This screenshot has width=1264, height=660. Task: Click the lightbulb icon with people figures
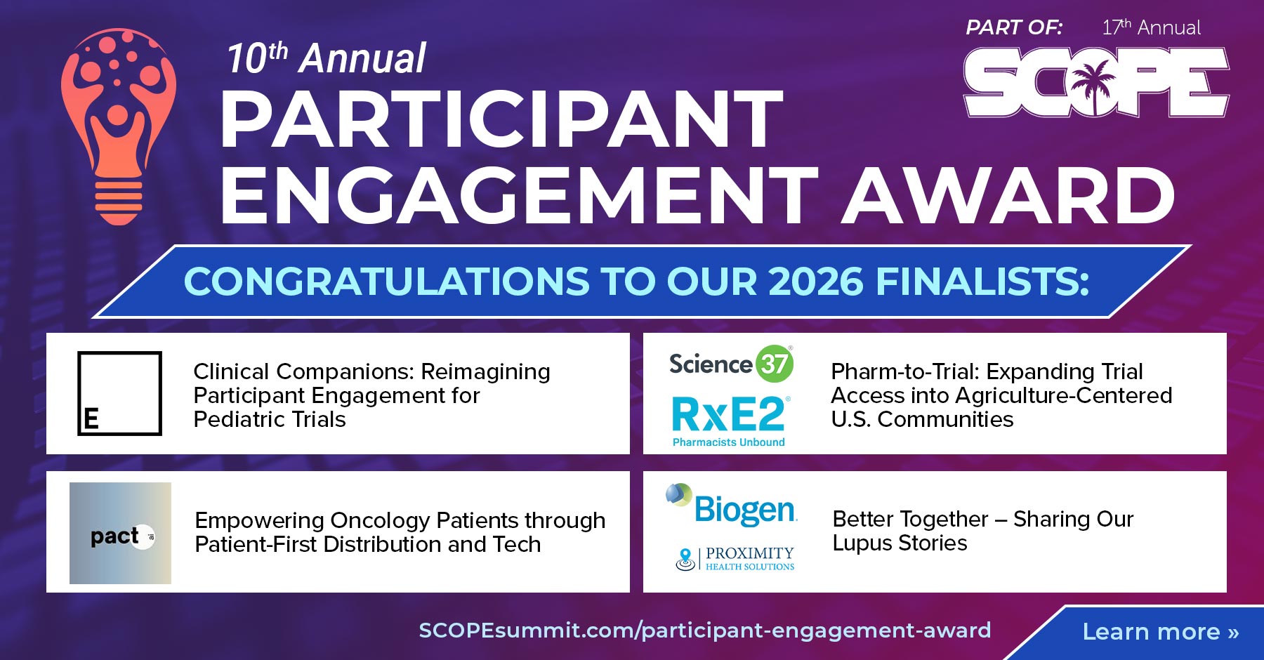117,126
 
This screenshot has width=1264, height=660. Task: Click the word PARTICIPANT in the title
501,121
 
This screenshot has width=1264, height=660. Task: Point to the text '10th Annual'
326,58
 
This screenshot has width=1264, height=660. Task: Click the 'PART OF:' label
1013,28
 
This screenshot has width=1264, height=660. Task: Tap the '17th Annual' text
1151,28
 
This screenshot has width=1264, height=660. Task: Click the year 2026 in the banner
815,282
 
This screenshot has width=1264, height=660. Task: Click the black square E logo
119,393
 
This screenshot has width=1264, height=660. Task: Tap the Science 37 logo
730,364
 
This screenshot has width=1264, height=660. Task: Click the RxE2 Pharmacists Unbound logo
729,420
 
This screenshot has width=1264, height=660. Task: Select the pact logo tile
120,533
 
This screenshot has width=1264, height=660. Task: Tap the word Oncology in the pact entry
380,520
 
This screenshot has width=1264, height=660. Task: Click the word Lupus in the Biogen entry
860,543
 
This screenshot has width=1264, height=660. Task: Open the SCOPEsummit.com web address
704,630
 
